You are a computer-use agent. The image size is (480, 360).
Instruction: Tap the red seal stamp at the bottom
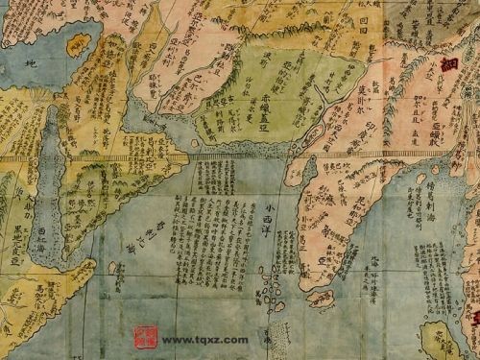pos(145,337)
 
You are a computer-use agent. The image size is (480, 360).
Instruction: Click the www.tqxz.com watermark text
pos(204,339)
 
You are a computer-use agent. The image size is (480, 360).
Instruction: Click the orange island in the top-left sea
pos(77,43)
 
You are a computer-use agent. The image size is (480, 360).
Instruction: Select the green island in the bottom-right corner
pos(444,339)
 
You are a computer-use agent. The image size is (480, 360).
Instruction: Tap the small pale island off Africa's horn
pos(112,268)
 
